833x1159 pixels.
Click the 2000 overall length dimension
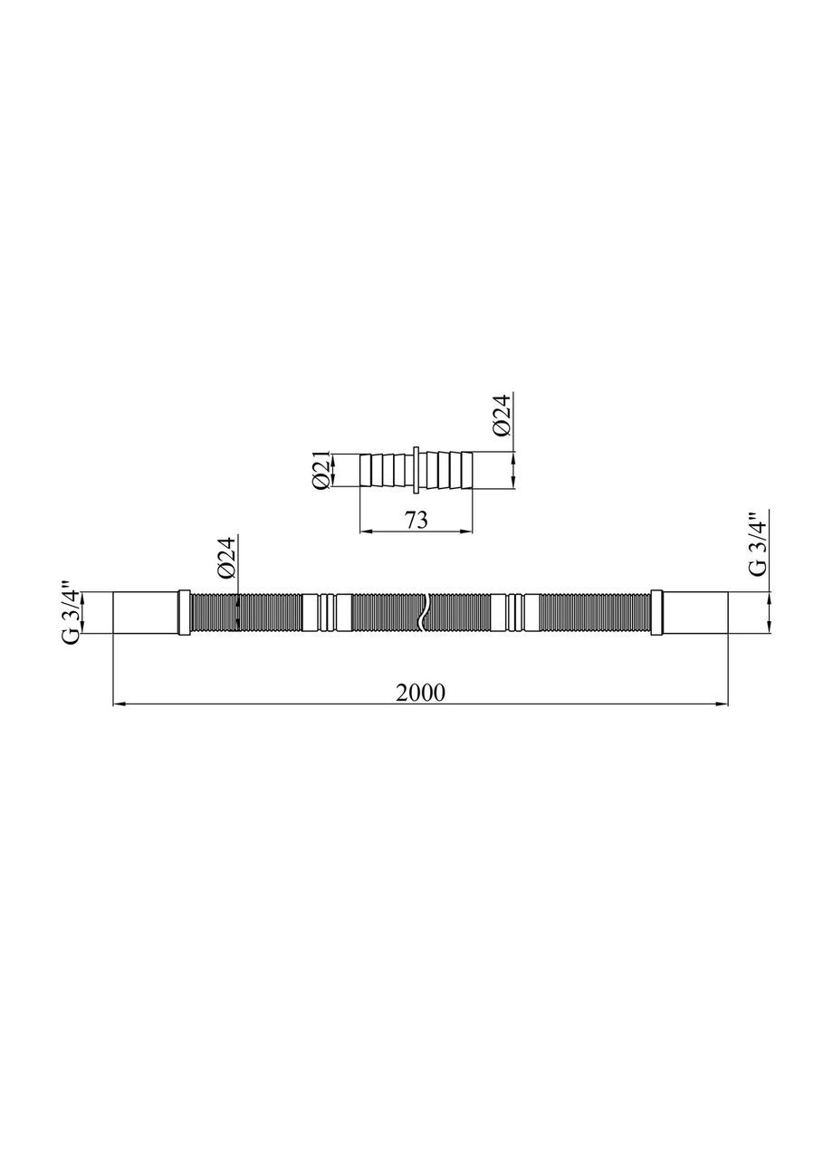click(420, 692)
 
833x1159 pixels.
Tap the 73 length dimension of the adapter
click(416, 520)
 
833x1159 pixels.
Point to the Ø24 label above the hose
click(226, 558)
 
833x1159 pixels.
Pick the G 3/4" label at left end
click(72, 613)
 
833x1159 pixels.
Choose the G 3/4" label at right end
click(757, 545)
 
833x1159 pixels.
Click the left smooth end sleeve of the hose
click(145, 613)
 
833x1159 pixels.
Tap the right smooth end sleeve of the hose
click(695, 613)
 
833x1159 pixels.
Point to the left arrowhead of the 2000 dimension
click(118, 703)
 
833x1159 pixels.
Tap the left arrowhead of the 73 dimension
click(365, 531)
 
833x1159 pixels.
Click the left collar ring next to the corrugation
click(185, 613)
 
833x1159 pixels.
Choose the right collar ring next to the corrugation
click(656, 613)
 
